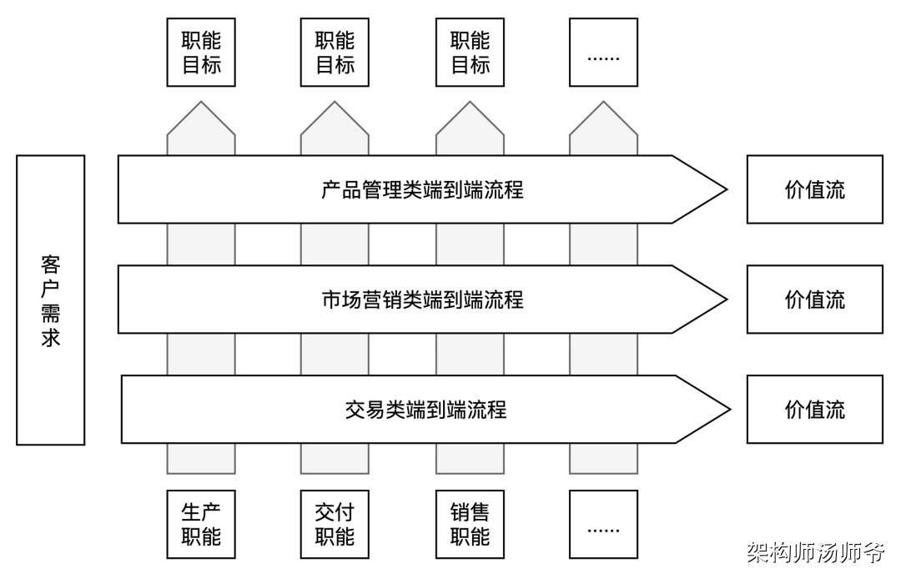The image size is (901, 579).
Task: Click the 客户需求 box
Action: coord(50,300)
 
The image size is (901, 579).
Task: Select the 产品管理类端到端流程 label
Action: coord(422,189)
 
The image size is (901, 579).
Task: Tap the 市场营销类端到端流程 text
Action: coord(422,300)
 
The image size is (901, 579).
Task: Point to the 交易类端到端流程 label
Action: coord(425,410)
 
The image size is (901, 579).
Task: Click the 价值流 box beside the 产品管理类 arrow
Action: coord(814,189)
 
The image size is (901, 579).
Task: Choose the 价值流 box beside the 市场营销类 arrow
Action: coord(814,300)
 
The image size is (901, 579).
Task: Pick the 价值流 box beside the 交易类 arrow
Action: coord(814,410)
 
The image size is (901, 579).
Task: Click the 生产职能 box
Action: coord(201,524)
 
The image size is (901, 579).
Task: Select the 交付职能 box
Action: coord(335,524)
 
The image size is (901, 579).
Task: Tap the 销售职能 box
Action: coord(470,524)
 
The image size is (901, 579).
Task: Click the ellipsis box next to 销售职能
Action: coord(603,524)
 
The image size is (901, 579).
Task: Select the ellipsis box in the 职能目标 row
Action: coord(603,53)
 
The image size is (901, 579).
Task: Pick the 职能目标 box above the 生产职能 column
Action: coord(201,53)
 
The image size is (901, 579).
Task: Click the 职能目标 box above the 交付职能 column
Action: coord(335,53)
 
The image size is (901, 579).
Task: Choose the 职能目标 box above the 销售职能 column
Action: coord(470,53)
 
